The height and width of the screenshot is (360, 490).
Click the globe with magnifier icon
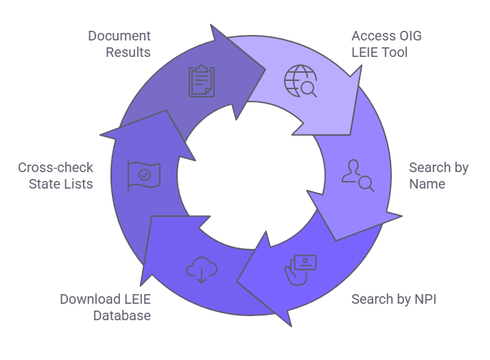tap(300, 82)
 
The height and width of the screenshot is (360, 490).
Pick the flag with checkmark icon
tap(143, 175)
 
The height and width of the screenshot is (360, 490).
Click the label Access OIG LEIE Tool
tap(384, 44)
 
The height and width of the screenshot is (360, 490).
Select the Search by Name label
tap(439, 176)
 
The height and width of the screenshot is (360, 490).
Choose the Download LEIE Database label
tap(106, 307)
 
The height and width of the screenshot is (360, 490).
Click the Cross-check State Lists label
tap(56, 176)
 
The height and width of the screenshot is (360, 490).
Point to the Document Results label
tap(119, 44)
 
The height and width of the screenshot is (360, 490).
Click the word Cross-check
tap(56, 167)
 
